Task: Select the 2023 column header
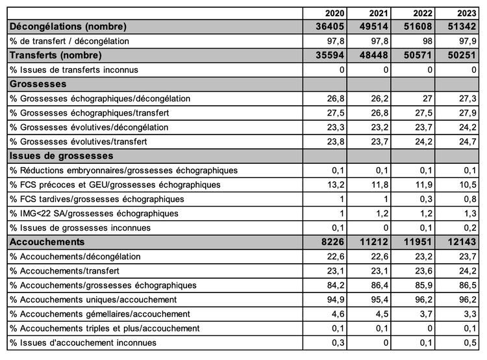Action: click(x=469, y=13)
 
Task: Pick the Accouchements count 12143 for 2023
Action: click(x=464, y=242)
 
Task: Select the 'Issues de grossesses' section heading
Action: click(x=61, y=156)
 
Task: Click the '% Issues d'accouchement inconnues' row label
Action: click(x=83, y=342)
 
